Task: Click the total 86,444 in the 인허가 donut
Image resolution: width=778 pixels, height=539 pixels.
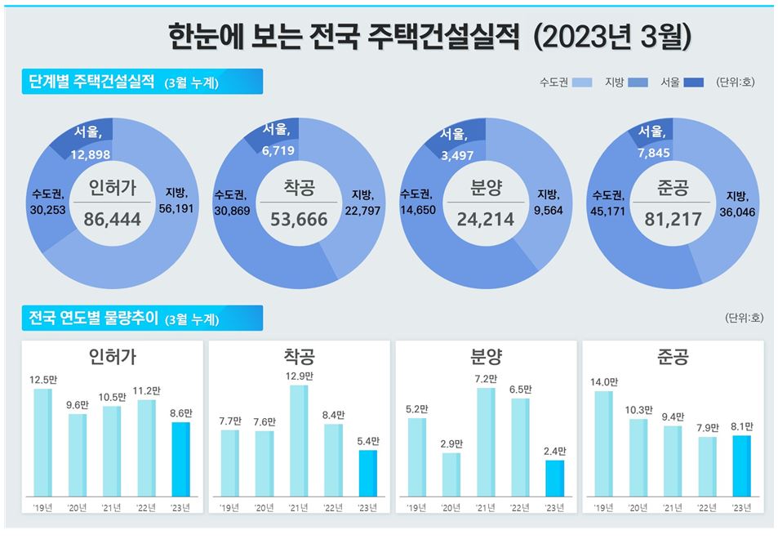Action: point(113,219)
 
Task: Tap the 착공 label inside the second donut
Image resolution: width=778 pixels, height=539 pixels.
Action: point(300,189)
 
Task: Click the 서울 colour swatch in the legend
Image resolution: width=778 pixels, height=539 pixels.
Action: point(693,82)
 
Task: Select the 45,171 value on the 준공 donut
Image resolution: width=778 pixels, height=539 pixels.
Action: point(608,209)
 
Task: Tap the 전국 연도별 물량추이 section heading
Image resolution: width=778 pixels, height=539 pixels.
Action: point(95,318)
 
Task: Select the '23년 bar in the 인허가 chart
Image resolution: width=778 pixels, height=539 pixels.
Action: point(180,459)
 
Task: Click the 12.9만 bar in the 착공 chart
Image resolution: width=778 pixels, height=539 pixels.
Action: point(299,440)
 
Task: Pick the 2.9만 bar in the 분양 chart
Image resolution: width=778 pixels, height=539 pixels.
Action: point(451,474)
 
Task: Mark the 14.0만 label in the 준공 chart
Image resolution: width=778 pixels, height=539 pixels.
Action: point(603,381)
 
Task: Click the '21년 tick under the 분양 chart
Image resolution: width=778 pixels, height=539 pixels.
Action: point(485,507)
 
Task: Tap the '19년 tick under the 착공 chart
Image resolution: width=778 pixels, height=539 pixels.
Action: point(229,507)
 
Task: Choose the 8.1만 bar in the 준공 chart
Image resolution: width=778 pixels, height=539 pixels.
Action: point(741,465)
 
